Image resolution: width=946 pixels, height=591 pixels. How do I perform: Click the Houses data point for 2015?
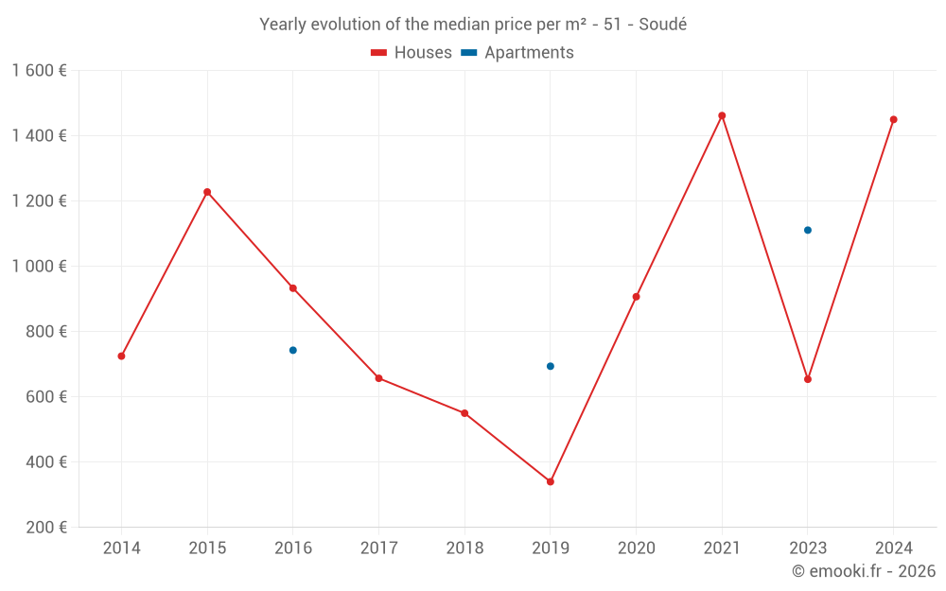[207, 192]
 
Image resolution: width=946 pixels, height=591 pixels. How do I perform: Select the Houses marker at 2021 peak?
[722, 115]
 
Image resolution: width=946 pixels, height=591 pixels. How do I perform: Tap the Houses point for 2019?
[551, 481]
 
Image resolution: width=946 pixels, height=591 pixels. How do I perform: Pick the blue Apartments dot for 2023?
[808, 230]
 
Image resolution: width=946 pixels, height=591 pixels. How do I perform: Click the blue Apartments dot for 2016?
[293, 350]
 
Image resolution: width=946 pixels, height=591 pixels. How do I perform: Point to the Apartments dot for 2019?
[551, 366]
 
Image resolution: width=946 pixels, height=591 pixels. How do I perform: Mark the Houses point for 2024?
[893, 119]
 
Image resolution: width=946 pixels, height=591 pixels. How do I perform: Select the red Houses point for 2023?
[808, 379]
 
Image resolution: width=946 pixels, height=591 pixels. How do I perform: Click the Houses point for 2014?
[121, 356]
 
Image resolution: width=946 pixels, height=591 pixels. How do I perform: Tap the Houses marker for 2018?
[464, 413]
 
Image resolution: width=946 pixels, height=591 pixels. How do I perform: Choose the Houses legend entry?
[412, 53]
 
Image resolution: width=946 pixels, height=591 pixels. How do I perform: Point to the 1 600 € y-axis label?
[40, 71]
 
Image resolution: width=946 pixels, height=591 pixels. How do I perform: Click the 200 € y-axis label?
[47, 528]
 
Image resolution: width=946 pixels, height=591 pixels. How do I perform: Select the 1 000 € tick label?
[40, 267]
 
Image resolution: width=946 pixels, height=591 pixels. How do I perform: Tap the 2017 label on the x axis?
[378, 548]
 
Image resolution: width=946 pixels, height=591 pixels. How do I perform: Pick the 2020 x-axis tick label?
[636, 548]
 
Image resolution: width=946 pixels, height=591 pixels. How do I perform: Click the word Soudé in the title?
[662, 25]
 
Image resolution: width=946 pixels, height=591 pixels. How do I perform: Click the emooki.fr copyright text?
[863, 571]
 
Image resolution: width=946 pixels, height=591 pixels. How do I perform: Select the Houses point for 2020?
[636, 297]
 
